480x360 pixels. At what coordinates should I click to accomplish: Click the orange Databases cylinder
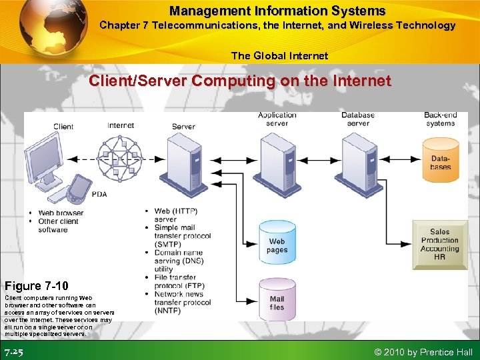click(440, 160)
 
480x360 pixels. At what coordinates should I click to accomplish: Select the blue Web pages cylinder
click(277, 241)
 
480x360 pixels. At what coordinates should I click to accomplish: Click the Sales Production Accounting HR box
click(440, 244)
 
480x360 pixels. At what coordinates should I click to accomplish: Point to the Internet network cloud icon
click(121, 159)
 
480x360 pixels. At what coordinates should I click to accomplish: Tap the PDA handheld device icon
click(80, 189)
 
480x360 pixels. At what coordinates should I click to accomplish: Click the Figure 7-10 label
click(37, 286)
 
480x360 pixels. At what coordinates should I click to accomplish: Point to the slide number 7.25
click(14, 351)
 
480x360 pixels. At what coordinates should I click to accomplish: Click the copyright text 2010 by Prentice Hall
click(424, 352)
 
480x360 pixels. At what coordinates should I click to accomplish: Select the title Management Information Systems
click(277, 11)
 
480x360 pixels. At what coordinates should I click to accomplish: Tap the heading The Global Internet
click(279, 55)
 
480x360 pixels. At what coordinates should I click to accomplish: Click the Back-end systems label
click(440, 119)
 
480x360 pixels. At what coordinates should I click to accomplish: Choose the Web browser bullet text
click(61, 213)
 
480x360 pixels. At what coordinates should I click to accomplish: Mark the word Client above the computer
click(63, 126)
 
